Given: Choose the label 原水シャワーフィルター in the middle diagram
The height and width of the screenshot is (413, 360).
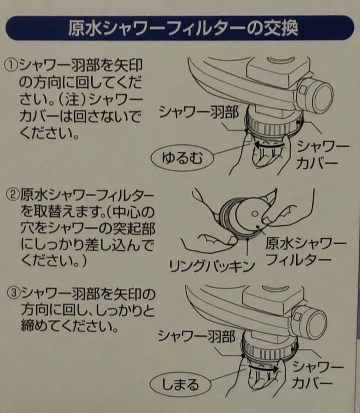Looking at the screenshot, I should click(306, 252).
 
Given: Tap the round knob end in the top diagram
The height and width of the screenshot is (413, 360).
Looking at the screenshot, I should click(319, 96).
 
